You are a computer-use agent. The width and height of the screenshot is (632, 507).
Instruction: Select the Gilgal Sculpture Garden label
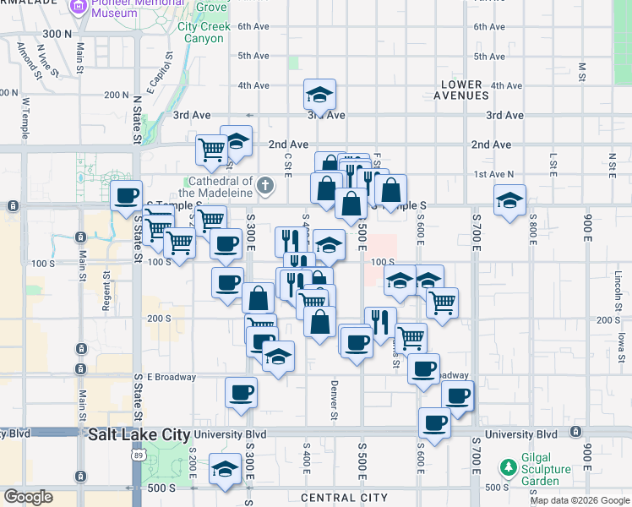tap(531, 473)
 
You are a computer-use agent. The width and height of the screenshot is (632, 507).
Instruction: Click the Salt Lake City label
tap(139, 434)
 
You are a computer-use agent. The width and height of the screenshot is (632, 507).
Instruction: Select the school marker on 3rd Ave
tap(320, 93)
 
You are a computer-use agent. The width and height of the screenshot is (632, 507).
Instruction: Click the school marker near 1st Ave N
tap(509, 199)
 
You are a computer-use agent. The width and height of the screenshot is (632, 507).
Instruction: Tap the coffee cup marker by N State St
tap(127, 195)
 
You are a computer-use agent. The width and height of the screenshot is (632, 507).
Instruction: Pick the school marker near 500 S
tap(225, 469)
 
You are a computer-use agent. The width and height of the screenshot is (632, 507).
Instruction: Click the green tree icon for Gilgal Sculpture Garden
tap(507, 466)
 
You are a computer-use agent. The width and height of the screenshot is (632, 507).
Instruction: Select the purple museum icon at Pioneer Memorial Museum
tap(79, 8)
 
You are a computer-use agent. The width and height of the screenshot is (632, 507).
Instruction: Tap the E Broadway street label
tap(172, 377)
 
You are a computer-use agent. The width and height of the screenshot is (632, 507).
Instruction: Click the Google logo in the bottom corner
tap(28, 497)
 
